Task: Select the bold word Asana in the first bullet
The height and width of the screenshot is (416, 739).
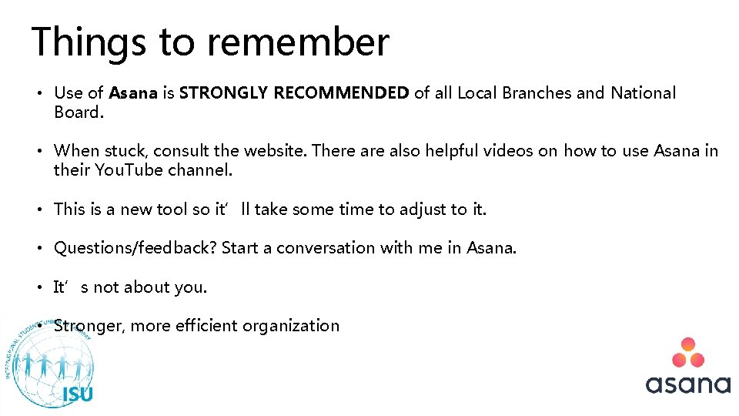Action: (133, 93)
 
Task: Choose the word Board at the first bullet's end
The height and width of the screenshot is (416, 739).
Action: (76, 112)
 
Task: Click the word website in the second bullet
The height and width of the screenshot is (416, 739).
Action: (273, 151)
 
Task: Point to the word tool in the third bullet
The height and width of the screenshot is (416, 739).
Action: (171, 210)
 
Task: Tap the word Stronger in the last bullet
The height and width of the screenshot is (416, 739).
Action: (89, 326)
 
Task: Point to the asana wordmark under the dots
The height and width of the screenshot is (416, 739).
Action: (687, 384)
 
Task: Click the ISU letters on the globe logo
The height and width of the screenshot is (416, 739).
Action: (78, 394)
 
